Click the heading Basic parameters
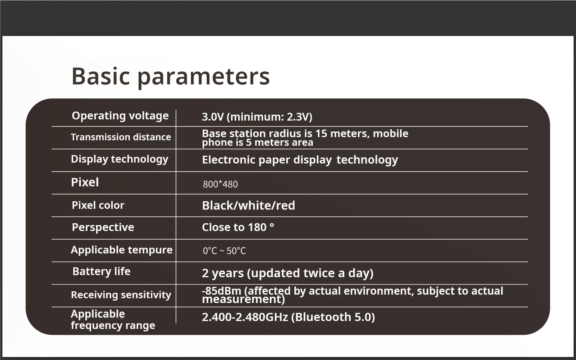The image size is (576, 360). click(171, 77)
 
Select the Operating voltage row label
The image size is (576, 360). click(120, 116)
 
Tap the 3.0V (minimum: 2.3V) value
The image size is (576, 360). click(257, 117)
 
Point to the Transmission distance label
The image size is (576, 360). click(121, 137)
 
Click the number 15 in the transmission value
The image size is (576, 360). click(321, 133)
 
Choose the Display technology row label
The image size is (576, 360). click(120, 159)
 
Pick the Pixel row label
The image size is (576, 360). click(85, 182)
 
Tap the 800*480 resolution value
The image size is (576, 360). click(220, 184)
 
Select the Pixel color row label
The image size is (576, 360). click(98, 205)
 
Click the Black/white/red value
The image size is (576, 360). click(248, 206)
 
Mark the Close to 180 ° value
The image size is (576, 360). click(238, 227)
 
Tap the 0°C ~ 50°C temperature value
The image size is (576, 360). click(224, 251)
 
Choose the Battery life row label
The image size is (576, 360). click(101, 271)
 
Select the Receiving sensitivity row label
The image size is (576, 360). click(121, 295)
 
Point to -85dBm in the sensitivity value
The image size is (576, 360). click(222, 291)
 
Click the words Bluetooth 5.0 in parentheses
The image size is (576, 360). click(333, 317)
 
